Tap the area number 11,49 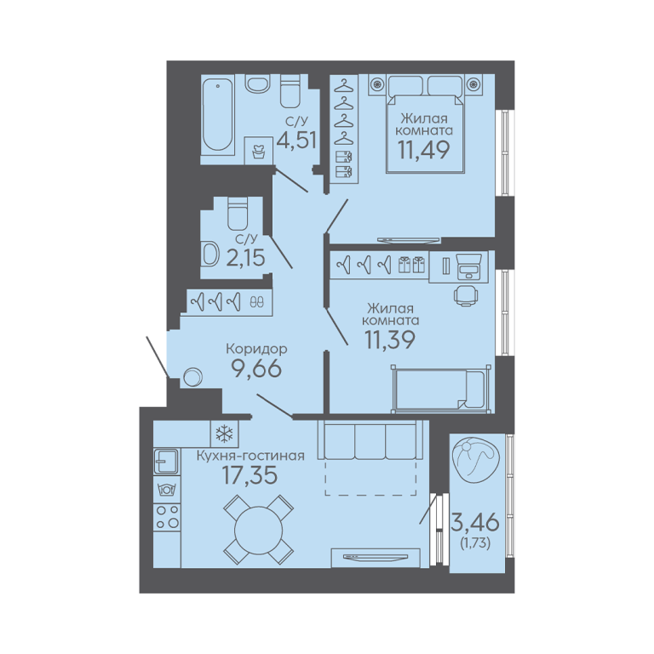424,150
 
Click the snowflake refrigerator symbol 225,433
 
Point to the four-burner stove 167,516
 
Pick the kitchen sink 166,462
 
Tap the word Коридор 256,348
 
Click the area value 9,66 256,369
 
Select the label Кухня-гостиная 250,456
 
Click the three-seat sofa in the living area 373,440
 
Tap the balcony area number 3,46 475,522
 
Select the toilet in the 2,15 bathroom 238,213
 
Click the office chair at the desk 466,295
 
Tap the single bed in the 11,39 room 441,389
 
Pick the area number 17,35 250,475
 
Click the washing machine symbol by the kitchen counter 167,489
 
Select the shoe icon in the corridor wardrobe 256,301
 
